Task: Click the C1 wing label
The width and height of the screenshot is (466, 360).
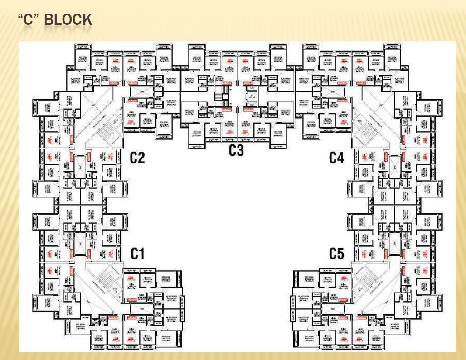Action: point(137,254)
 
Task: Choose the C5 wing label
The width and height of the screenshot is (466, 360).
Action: point(336,254)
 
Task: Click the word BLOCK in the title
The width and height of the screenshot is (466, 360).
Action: point(68,20)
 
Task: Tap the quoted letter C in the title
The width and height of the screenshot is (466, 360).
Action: point(28,20)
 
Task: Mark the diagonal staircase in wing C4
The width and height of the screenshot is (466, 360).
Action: point(365,121)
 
